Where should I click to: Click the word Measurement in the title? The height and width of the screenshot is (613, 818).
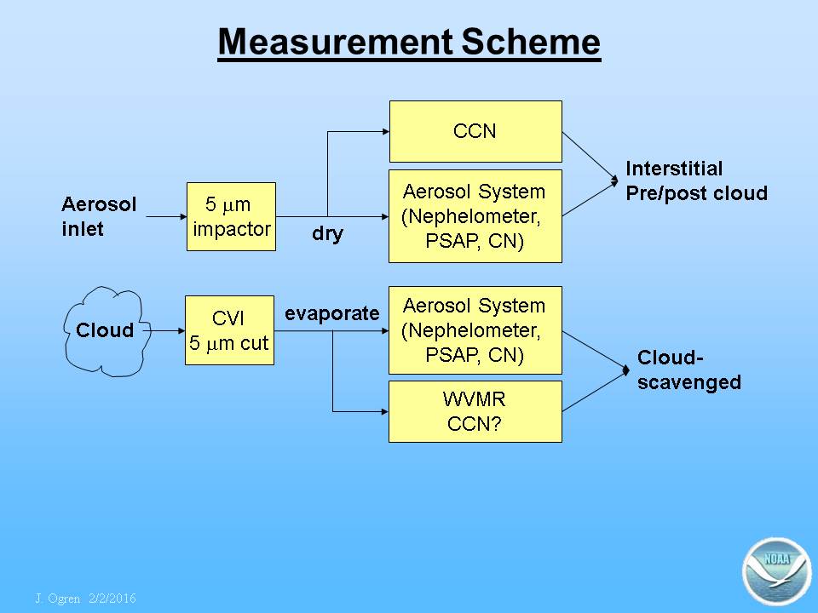(x=335, y=42)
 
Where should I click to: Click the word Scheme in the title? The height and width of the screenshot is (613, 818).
(x=531, y=42)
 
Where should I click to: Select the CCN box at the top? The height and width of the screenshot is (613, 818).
(x=475, y=131)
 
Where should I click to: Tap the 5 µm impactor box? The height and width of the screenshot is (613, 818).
(x=231, y=216)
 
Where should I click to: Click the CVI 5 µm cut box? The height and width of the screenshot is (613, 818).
(x=229, y=330)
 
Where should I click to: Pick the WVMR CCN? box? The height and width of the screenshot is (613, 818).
(x=475, y=411)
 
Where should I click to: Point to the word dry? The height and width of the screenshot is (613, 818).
(x=327, y=233)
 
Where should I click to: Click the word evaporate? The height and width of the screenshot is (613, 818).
(x=331, y=313)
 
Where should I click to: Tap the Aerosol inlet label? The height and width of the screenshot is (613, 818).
(x=99, y=216)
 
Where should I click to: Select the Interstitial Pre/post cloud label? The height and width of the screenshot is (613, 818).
(x=696, y=180)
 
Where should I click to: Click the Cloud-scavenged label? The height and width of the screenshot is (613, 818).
(x=688, y=370)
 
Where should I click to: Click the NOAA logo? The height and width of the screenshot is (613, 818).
(x=776, y=571)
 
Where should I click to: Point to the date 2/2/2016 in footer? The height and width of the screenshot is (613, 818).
(x=112, y=599)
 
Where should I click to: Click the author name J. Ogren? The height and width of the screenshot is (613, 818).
(x=57, y=599)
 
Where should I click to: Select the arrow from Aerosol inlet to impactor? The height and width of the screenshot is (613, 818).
(x=166, y=216)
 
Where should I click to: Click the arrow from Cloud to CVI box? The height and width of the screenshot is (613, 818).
(x=164, y=330)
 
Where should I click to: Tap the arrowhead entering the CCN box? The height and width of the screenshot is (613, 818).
(x=386, y=131)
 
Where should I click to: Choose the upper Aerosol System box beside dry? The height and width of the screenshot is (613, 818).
(x=475, y=216)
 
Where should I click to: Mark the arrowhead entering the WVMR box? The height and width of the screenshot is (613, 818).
(x=385, y=411)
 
